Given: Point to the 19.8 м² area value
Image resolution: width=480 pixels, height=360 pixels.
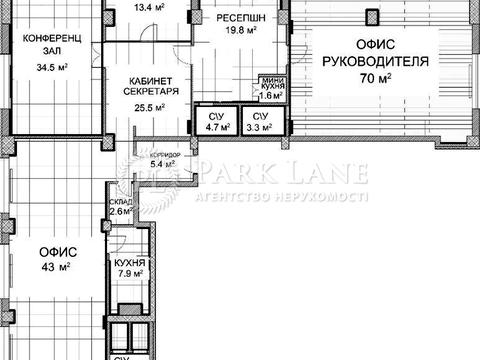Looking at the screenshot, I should pyautogui.click(x=242, y=30).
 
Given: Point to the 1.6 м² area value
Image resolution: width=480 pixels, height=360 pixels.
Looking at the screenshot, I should pyautogui.click(x=273, y=98).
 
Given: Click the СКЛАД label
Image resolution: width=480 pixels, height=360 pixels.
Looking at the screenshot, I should pyautogui.click(x=120, y=201).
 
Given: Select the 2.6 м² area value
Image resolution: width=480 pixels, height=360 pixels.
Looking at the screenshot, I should pyautogui.click(x=120, y=211).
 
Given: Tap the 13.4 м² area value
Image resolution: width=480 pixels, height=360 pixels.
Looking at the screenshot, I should pyautogui.click(x=148, y=4).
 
